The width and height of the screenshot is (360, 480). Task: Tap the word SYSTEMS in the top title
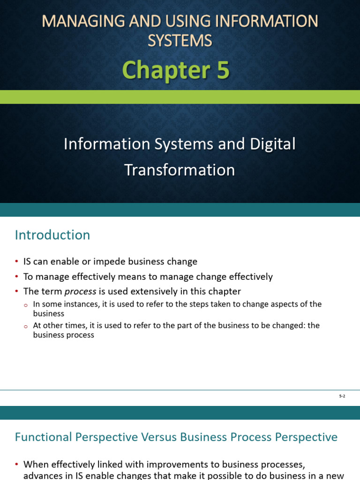(x=180, y=41)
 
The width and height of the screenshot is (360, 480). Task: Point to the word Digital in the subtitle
(x=272, y=144)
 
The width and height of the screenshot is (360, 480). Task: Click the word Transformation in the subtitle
(x=180, y=170)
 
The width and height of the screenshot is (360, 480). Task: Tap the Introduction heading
(x=52, y=235)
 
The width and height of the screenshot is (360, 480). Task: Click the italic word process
(x=80, y=292)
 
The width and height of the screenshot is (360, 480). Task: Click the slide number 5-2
(x=342, y=396)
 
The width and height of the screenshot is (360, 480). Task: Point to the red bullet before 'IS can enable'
(x=16, y=262)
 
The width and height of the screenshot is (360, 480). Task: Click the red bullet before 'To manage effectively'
(x=16, y=277)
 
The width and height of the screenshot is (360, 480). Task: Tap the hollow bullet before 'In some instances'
(x=26, y=305)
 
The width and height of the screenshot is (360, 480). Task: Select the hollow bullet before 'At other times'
(x=26, y=327)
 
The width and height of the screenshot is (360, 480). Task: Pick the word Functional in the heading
(x=43, y=437)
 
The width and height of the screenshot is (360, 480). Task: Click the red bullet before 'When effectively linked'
(x=16, y=465)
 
